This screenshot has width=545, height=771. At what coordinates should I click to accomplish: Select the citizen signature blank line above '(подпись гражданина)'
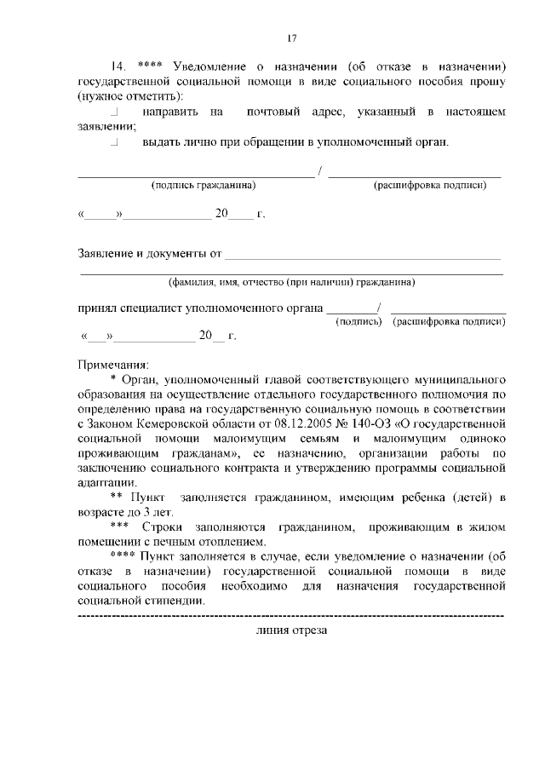196,175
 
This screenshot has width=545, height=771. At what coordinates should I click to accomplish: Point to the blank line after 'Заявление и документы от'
364,255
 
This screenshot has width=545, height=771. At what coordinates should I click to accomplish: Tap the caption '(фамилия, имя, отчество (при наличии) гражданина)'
291,282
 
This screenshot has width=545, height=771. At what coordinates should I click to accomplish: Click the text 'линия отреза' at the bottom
291,630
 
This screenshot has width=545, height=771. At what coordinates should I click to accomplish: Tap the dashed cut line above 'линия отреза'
291,615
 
